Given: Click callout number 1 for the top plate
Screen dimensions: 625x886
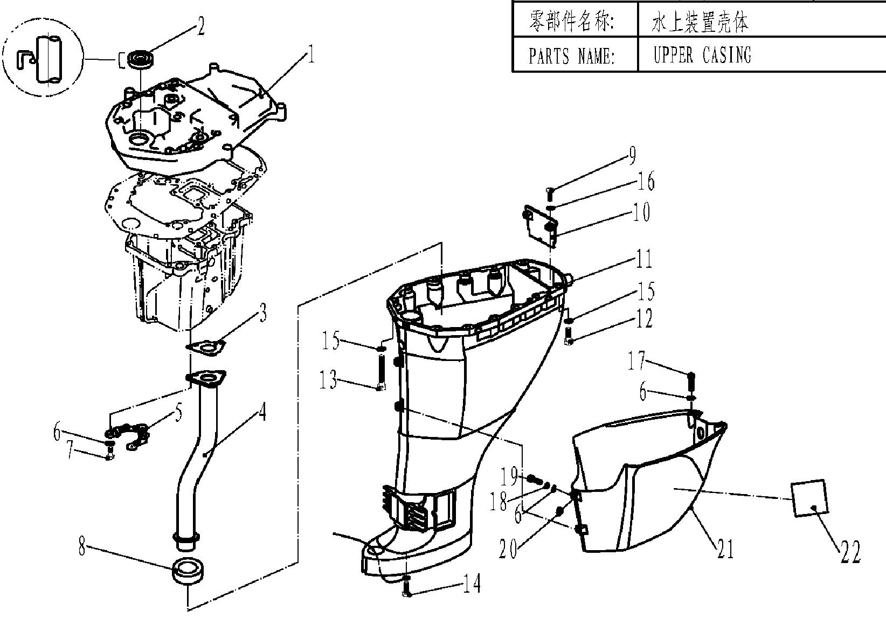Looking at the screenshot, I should coord(310,55).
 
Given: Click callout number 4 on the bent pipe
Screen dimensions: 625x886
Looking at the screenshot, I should coord(262,412).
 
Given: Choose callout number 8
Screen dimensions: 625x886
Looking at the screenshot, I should coord(82,548).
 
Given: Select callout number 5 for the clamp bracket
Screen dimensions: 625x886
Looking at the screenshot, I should coord(178,414).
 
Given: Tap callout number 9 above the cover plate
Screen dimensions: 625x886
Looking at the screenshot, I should coord(631,156).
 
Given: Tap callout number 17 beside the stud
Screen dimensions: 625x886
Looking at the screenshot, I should coord(636,360).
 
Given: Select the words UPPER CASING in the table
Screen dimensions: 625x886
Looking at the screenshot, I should coord(702,54).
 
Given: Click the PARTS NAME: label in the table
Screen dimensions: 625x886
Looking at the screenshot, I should coord(571,55).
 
